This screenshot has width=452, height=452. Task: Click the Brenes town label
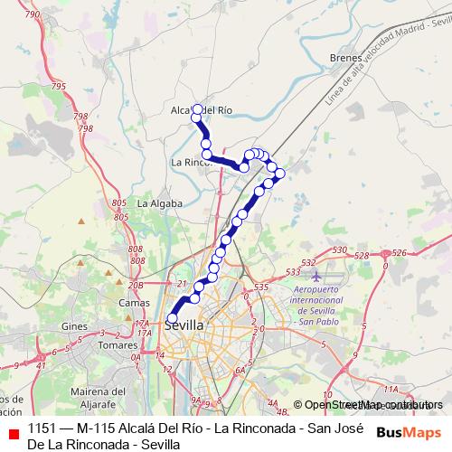tap(345, 57)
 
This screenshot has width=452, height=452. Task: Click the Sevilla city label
tap(185, 325)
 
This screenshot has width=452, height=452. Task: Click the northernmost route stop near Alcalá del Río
tap(196, 109)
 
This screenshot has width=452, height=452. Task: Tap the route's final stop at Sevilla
tap(172, 318)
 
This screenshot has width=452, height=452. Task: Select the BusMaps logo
tap(409, 432)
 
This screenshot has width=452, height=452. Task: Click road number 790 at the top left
tap(33, 15)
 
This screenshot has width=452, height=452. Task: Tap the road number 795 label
tap(60, 86)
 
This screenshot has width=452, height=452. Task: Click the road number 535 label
tap(261, 287)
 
